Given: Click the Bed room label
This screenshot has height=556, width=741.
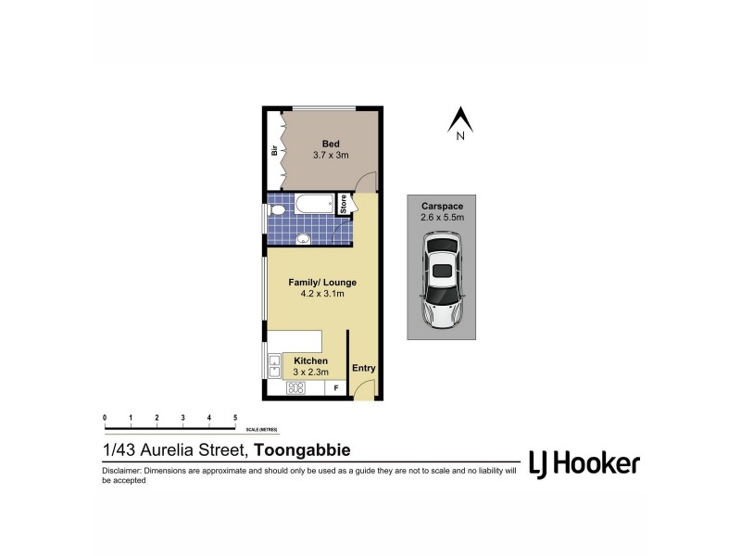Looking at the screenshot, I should (331, 142).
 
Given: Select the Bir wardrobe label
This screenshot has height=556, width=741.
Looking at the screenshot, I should (275, 151).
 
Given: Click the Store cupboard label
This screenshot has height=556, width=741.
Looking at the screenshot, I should (342, 204).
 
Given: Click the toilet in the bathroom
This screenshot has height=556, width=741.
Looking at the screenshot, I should (275, 211).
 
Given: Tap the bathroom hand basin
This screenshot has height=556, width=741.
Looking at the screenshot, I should (302, 239).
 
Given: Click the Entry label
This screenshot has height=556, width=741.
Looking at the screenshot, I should (364, 368).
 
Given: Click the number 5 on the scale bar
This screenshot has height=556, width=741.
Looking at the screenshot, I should (235, 418).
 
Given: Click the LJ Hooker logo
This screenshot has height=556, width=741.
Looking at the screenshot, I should (584, 462).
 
